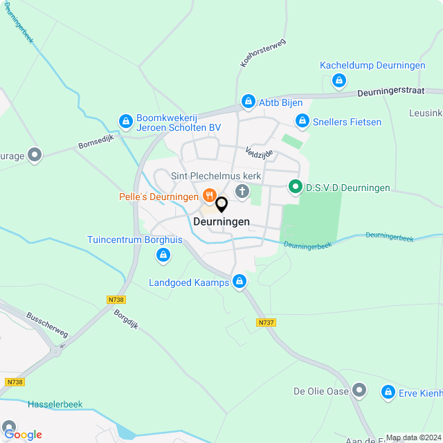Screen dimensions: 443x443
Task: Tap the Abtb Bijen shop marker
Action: pos(248,102)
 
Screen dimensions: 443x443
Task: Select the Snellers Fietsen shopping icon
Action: pos(302,122)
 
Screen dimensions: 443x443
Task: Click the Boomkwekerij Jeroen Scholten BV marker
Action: pos(125,122)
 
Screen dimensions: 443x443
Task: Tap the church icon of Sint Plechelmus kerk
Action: pos(242,191)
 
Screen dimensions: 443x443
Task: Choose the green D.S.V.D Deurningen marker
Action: pos(295,187)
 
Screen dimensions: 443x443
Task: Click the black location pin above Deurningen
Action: pos(221,205)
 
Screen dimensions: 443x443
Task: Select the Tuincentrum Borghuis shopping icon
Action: pos(163,256)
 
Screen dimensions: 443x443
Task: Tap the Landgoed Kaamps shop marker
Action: pos(239,282)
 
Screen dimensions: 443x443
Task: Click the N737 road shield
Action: pos(265,323)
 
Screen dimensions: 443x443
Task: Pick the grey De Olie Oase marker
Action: pos(359,391)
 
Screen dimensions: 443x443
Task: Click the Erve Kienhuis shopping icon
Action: pos(388,392)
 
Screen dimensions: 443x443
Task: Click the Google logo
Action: pos(23,434)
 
